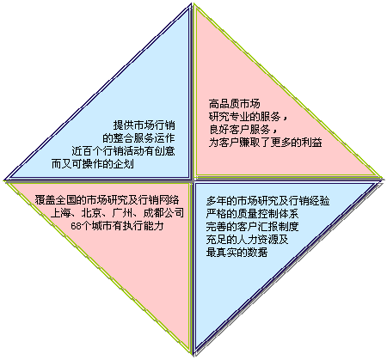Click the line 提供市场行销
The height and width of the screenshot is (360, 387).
point(144,125)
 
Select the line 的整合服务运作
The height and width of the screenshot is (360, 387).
point(138,138)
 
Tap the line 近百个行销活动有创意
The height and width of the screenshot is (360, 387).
point(123,151)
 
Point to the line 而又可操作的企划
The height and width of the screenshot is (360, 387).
point(93,164)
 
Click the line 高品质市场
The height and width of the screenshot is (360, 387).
point(235,104)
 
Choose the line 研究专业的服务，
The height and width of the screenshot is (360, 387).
point(249,117)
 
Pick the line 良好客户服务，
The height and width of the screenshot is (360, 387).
point(243,130)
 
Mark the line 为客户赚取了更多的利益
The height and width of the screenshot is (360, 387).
point(266,143)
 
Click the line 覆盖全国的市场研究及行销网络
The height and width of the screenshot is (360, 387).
point(107,199)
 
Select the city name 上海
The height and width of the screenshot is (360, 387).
point(60,213)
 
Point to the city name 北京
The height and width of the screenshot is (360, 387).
point(91,213)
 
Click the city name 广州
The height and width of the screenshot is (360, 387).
point(122,213)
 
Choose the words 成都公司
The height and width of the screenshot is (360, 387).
point(163,213)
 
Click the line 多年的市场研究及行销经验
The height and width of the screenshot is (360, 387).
point(267,201)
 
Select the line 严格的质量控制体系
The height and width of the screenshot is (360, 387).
point(252,214)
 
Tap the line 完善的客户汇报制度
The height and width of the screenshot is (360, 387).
point(252,227)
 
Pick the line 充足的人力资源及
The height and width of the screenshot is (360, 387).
point(247,240)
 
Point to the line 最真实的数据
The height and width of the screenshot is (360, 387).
point(236,253)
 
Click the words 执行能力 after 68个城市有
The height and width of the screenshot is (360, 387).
point(144,226)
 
